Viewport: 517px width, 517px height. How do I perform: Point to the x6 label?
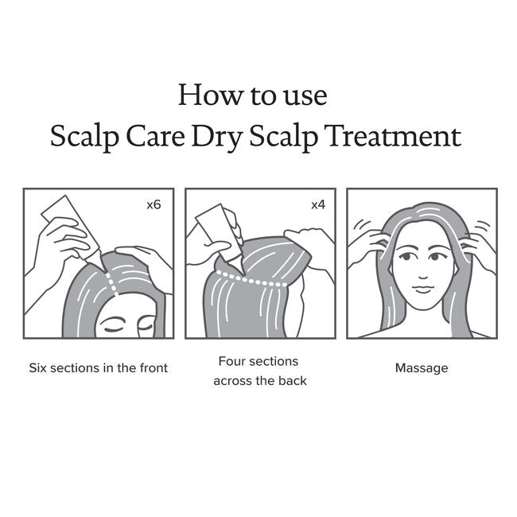tap(154, 204)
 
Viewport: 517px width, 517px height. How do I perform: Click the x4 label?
tap(318, 204)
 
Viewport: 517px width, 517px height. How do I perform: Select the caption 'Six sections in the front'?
tap(99, 368)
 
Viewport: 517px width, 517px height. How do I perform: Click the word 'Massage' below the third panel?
tap(422, 368)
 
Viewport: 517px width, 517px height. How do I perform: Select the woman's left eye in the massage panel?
tap(438, 255)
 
